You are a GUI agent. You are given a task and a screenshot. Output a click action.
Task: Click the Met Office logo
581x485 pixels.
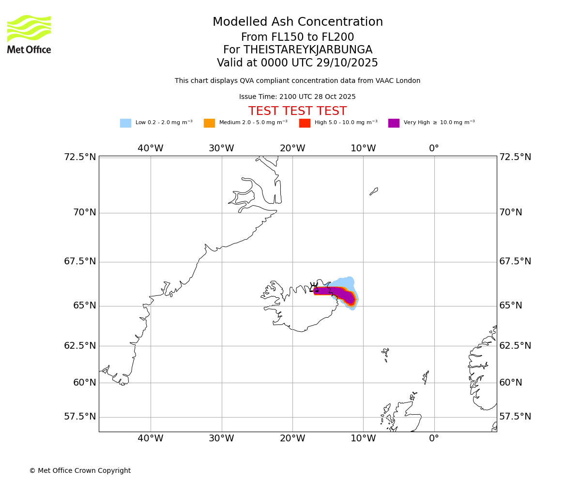pyautogui.click(x=29, y=34)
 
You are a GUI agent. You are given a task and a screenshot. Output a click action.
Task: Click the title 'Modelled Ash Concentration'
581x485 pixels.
pyautogui.click(x=297, y=22)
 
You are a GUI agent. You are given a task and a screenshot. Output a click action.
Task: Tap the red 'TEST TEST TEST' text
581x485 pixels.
pyautogui.click(x=297, y=112)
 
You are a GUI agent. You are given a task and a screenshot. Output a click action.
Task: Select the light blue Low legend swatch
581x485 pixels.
pyautogui.click(x=125, y=123)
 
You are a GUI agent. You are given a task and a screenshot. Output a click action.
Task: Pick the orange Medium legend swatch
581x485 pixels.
pyautogui.click(x=209, y=123)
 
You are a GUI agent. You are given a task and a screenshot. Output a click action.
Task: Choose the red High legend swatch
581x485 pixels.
pyautogui.click(x=305, y=123)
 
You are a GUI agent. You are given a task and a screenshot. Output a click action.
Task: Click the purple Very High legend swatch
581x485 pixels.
pyautogui.click(x=394, y=123)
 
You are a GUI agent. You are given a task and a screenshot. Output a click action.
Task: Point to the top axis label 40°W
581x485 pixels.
pyautogui.click(x=151, y=148)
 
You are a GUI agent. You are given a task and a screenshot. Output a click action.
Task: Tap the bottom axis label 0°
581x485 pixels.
pyautogui.click(x=434, y=438)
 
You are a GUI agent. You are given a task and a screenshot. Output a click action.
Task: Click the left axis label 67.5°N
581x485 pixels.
pyautogui.click(x=80, y=262)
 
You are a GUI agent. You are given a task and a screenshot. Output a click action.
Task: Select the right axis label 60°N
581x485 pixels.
pyautogui.click(x=511, y=383)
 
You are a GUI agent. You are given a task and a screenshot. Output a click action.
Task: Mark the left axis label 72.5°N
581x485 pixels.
pyautogui.click(x=80, y=157)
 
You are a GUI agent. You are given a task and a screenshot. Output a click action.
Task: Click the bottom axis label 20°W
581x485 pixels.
pyautogui.click(x=292, y=438)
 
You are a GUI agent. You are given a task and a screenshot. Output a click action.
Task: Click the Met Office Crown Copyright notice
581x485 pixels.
pyautogui.click(x=80, y=471)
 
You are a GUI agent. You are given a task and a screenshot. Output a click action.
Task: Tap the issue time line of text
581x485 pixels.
pyautogui.click(x=297, y=97)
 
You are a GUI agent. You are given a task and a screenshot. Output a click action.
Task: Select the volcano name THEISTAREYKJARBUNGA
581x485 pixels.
pyautogui.click(x=307, y=50)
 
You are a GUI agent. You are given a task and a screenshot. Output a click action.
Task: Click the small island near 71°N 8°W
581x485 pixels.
pyautogui.click(x=374, y=191)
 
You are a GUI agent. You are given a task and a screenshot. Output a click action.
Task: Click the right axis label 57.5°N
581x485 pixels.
pyautogui.click(x=515, y=417)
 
